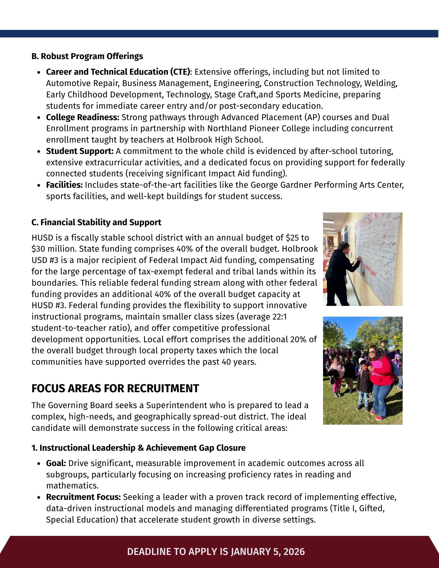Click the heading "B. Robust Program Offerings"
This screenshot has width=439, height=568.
(87, 56)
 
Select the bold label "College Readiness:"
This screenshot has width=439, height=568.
(83, 117)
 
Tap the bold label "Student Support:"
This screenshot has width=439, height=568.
(80, 151)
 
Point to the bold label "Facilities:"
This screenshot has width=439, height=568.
(65, 185)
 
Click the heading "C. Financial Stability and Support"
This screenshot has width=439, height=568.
(96, 222)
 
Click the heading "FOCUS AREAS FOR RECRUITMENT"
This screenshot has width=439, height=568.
(115, 388)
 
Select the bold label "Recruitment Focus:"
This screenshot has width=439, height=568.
(84, 497)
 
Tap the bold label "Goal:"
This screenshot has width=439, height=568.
(56, 463)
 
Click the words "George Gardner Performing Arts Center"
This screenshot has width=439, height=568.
(327, 185)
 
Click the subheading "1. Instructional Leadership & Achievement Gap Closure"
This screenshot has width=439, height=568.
(138, 448)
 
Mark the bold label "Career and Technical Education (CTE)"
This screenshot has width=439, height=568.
(118, 72)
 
